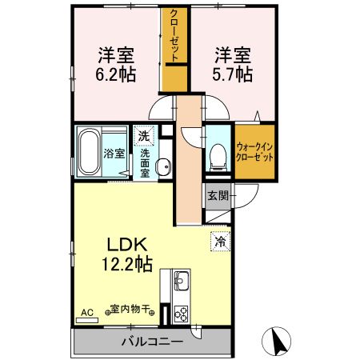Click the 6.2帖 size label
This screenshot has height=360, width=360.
[x=116, y=76]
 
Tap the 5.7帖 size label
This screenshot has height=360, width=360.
[x=233, y=74]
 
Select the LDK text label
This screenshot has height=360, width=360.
[x=116, y=244]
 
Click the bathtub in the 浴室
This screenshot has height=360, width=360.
[x=90, y=152]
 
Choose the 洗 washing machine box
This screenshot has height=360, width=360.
[x=143, y=135]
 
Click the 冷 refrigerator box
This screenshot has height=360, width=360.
[x=218, y=240]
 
